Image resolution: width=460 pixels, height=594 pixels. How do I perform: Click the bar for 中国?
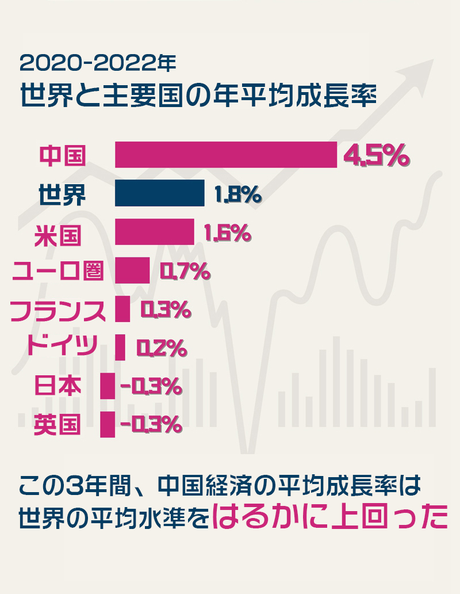coord(225,155)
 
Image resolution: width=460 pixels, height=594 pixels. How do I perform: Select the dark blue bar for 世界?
coord(159,193)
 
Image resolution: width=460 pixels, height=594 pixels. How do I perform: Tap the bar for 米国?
coord(154,232)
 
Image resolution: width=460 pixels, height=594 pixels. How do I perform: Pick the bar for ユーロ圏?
coord(132,271)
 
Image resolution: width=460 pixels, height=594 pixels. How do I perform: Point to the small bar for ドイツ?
coord(120,347)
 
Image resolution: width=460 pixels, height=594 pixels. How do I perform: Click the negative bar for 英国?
coord(108,424)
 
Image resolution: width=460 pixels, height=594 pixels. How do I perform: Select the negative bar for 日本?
coord(108,386)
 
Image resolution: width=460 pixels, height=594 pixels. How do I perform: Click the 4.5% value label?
coord(375,155)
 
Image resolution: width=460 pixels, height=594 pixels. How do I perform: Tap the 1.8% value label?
coord(237,195)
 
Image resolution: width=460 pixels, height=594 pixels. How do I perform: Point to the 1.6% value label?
coord(227,233)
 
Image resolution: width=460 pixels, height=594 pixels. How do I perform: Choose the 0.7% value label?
coord(184,271)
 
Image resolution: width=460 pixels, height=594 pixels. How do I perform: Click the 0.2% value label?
coord(161,348)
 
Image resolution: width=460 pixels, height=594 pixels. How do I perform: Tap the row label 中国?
coord(62,155)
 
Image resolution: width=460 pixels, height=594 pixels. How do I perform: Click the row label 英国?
coord(57,425)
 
